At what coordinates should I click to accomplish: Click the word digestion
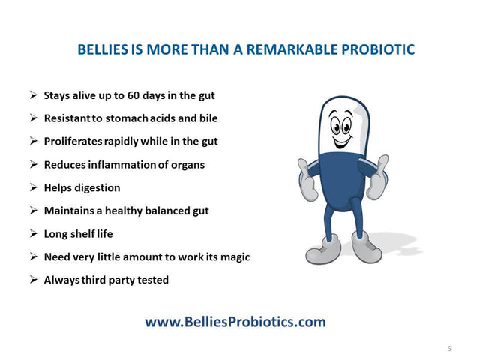[x=96, y=187]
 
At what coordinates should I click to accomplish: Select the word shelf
[x=83, y=233]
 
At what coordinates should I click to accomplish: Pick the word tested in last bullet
[x=152, y=280]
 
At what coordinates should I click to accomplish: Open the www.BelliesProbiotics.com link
[x=235, y=322]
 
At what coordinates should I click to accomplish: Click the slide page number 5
[x=449, y=348]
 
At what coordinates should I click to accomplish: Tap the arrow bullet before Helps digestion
[x=34, y=187]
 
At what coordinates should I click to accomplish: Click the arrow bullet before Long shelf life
[x=34, y=233]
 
